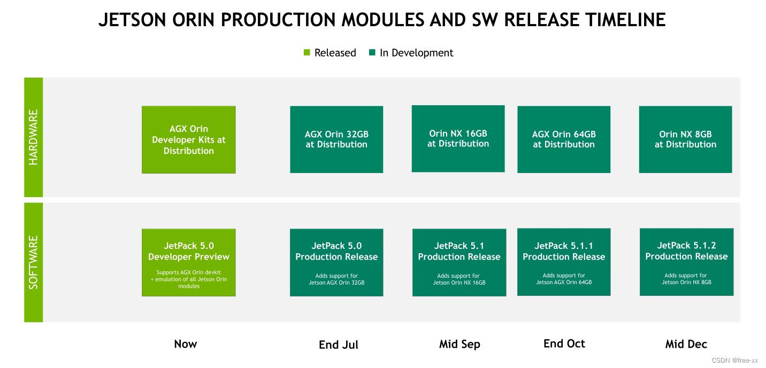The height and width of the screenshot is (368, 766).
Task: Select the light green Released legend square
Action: [x=307, y=52]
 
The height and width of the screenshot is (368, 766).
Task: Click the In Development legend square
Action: [x=372, y=52]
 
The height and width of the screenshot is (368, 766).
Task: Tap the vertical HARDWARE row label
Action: [x=34, y=137]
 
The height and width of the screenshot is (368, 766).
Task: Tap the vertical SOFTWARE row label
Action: [x=34, y=262]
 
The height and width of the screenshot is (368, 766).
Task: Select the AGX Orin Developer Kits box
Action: [x=188, y=139]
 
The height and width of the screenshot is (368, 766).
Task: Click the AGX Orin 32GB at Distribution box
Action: [x=336, y=139]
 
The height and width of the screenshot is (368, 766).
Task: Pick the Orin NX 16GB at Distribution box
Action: [x=458, y=139]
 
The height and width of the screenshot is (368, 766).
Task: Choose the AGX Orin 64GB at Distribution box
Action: [x=564, y=139]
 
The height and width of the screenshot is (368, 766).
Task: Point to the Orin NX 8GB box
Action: [x=685, y=139]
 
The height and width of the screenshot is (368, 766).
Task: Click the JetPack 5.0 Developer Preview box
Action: [x=188, y=262]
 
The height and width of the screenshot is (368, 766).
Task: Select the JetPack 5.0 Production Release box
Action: [x=336, y=262]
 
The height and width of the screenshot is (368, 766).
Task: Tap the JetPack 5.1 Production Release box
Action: [x=459, y=262]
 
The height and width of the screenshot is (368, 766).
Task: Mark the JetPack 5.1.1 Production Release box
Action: [x=564, y=262]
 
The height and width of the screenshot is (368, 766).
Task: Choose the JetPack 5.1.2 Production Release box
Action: [x=686, y=262]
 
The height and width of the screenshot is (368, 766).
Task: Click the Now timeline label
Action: [x=186, y=344]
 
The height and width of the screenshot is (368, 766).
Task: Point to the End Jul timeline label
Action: [x=339, y=344]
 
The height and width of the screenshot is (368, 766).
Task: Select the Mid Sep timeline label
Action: [x=459, y=344]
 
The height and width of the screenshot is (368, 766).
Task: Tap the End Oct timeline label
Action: [x=564, y=343]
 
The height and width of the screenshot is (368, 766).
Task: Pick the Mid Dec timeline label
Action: [x=686, y=344]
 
